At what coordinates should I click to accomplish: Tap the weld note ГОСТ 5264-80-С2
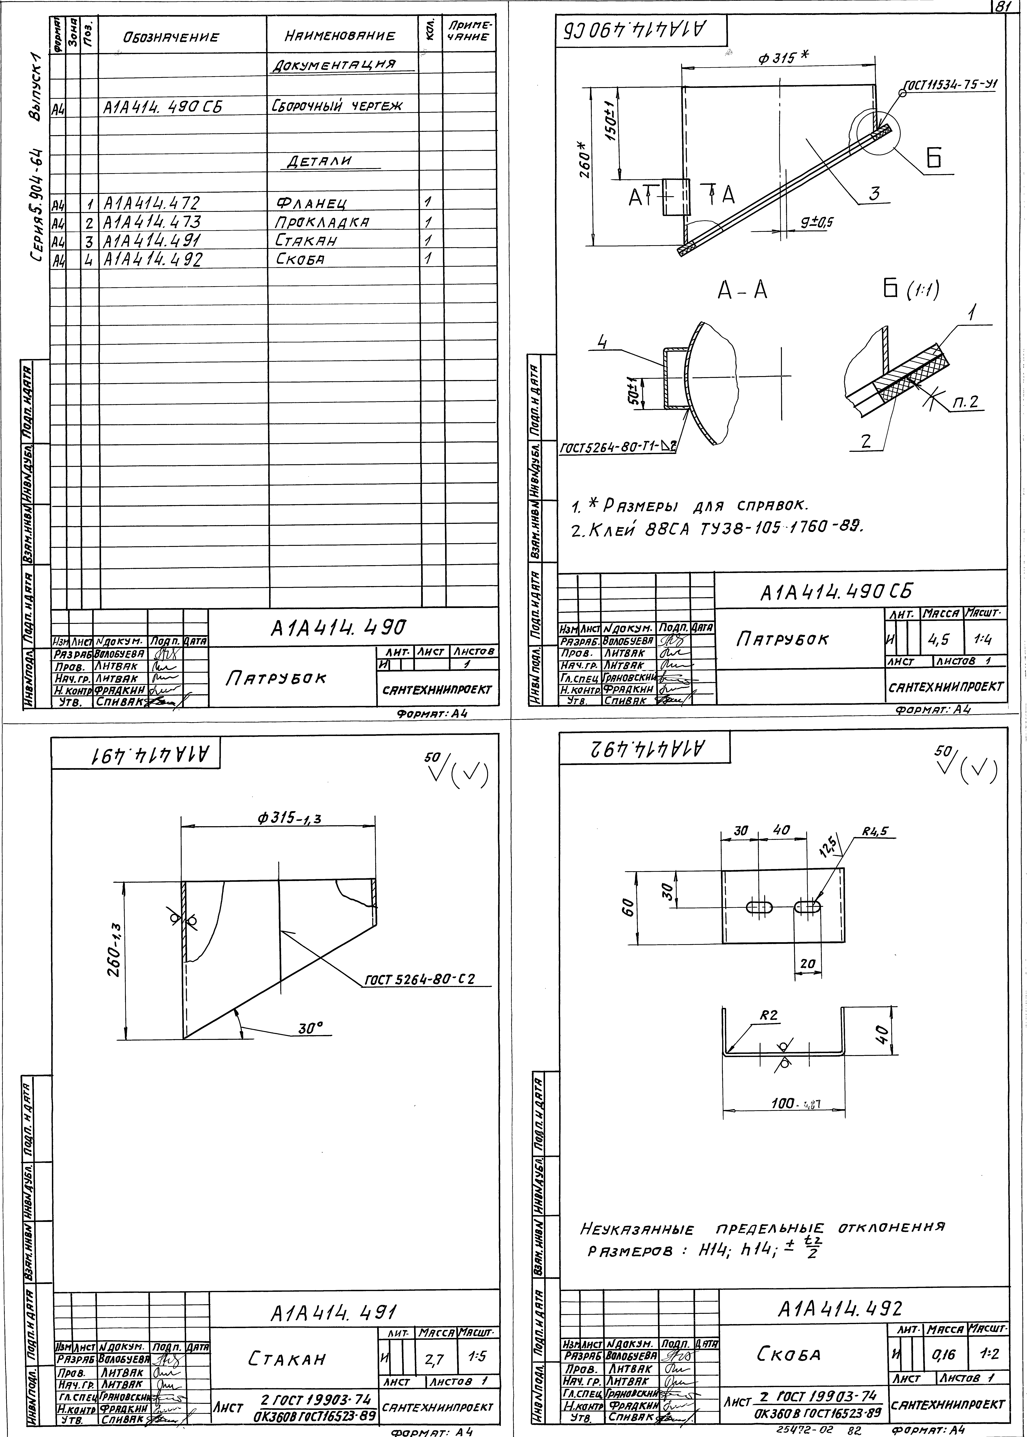point(419,979)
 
